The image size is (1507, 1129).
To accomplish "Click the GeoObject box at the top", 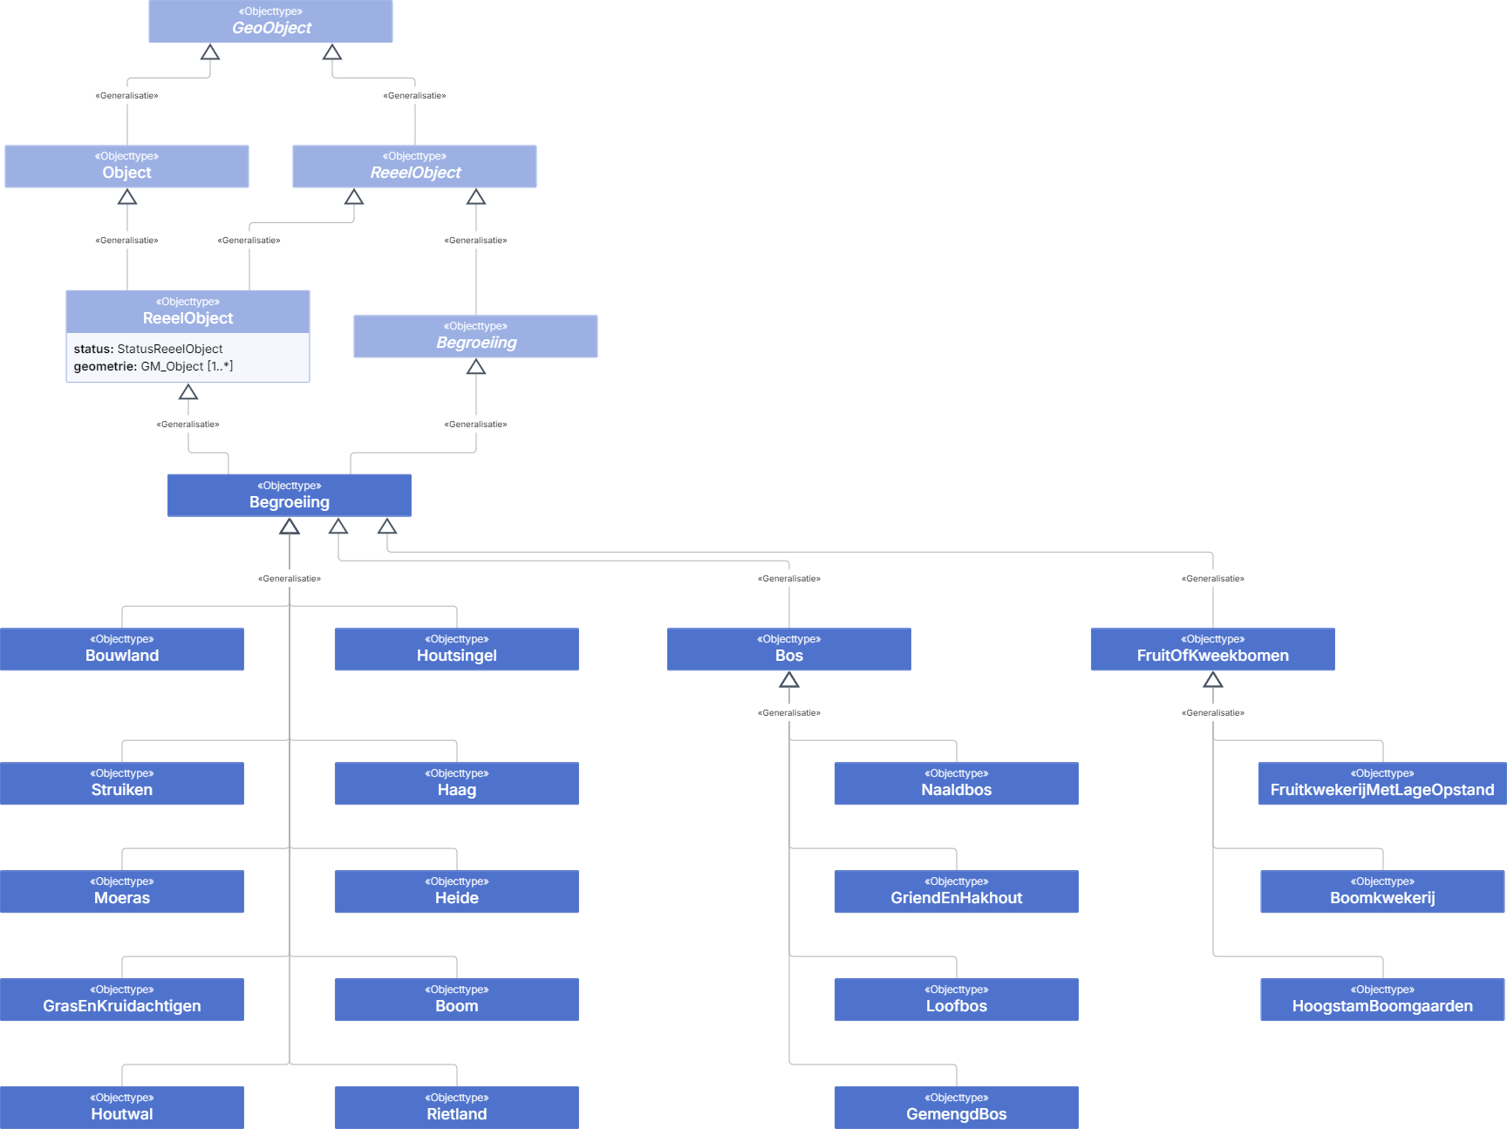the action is click(270, 21).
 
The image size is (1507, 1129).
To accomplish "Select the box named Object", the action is click(126, 167).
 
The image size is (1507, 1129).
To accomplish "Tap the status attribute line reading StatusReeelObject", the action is click(148, 349).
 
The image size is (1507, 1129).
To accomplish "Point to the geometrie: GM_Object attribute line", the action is click(153, 366).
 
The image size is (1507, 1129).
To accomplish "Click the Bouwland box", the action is click(122, 650).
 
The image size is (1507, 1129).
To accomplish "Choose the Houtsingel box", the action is click(457, 650).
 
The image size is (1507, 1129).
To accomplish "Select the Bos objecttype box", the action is click(789, 650).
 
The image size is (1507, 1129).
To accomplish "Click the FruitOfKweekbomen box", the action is click(1213, 650).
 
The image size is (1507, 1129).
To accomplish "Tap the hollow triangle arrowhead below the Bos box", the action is click(789, 680).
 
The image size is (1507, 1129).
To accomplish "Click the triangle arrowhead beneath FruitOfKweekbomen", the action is click(1213, 680).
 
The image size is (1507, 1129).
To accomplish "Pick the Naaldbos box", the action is click(957, 784).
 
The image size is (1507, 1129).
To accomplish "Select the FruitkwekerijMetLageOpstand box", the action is click(1382, 784).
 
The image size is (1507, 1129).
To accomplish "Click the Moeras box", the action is click(122, 892).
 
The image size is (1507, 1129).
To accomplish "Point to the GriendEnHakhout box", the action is click(957, 892).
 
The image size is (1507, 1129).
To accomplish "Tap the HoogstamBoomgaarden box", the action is click(1382, 1000).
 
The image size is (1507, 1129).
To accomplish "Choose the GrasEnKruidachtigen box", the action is click(122, 1000).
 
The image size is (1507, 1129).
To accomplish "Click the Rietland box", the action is click(457, 1108).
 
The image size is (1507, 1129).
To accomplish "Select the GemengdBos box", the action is click(957, 1108).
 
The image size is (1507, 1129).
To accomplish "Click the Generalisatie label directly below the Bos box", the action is click(789, 713).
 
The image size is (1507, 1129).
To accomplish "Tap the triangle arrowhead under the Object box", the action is click(127, 197).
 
